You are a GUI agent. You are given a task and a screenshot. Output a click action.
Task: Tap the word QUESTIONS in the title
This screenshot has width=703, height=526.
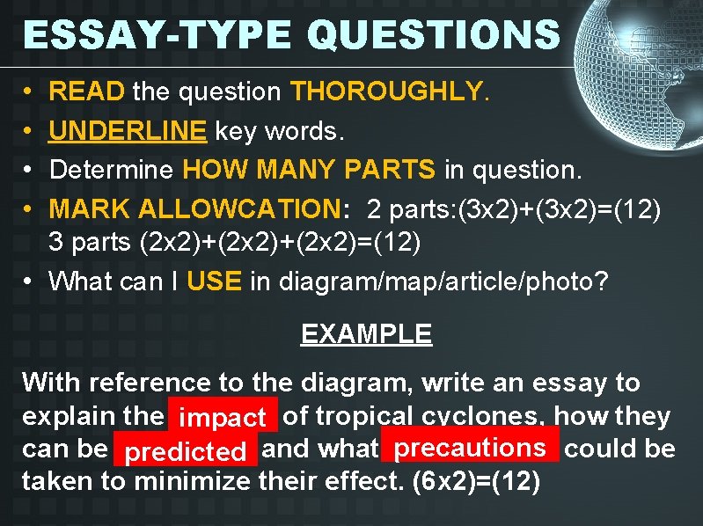(x=435, y=34)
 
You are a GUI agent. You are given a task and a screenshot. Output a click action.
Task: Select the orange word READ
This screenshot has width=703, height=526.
(x=88, y=91)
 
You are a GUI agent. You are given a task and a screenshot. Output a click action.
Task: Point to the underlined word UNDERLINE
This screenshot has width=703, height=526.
(x=128, y=131)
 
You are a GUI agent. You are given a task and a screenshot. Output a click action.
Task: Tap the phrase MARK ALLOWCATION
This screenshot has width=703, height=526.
(x=194, y=208)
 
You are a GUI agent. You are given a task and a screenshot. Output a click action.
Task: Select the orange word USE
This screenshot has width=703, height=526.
(x=215, y=281)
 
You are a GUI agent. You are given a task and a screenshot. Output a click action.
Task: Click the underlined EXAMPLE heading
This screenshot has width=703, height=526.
(x=366, y=334)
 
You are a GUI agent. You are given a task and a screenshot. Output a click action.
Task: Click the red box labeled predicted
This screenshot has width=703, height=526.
(x=185, y=452)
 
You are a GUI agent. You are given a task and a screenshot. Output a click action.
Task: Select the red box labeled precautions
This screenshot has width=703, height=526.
(x=470, y=448)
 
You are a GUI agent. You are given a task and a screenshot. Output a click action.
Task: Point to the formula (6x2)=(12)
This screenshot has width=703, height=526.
(x=476, y=482)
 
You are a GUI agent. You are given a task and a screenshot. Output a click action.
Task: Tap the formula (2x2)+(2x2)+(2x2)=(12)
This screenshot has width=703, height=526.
(x=280, y=242)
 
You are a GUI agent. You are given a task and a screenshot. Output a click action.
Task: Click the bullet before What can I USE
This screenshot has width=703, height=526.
(x=29, y=281)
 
